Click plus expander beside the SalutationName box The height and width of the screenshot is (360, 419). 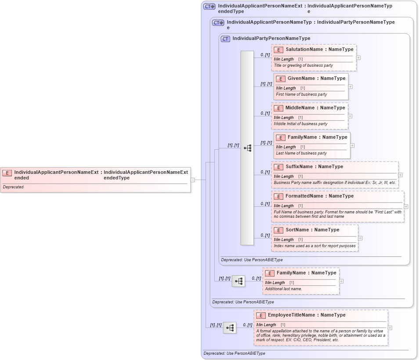point(359,58)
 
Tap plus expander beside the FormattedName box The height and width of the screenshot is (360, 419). point(406,206)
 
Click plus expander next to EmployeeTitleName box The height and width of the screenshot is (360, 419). point(390,328)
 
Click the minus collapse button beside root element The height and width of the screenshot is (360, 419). point(192,180)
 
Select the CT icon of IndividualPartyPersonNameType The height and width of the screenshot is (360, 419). point(225,39)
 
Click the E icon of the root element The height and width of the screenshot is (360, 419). point(7,173)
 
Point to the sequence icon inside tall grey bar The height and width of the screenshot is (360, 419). point(248,148)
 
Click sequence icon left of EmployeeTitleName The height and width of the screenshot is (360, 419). point(230,328)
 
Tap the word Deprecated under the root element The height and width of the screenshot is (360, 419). point(13,187)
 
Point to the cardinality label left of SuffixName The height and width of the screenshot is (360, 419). point(265,173)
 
